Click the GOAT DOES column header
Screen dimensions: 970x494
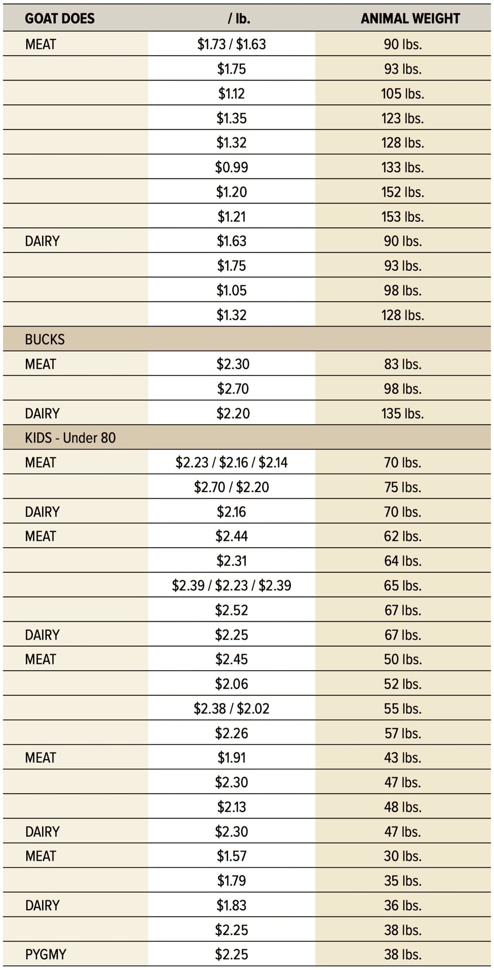(x=60, y=19)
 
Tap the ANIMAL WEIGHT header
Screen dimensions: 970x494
(x=410, y=19)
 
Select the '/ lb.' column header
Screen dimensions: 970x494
(x=239, y=19)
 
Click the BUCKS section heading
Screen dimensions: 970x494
(x=45, y=340)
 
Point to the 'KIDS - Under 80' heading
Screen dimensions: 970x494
(x=70, y=438)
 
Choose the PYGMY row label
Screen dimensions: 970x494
(x=45, y=954)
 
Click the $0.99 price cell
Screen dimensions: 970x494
(x=231, y=167)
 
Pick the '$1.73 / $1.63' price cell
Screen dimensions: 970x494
(x=231, y=44)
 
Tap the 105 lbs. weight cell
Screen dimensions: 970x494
(x=403, y=94)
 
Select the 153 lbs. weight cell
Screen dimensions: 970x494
(x=403, y=217)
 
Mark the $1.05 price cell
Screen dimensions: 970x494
(x=231, y=290)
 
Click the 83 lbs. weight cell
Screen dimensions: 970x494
(x=403, y=364)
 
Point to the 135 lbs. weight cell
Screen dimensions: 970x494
(x=403, y=413)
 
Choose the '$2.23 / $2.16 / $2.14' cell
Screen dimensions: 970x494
(x=231, y=463)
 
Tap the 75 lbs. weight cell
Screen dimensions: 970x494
(x=403, y=487)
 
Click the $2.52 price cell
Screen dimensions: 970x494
(x=231, y=610)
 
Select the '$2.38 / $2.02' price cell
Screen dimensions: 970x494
(x=231, y=709)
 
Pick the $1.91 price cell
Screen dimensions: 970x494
(x=231, y=758)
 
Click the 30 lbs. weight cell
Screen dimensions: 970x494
(x=403, y=856)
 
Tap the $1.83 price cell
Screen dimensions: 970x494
(x=231, y=905)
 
